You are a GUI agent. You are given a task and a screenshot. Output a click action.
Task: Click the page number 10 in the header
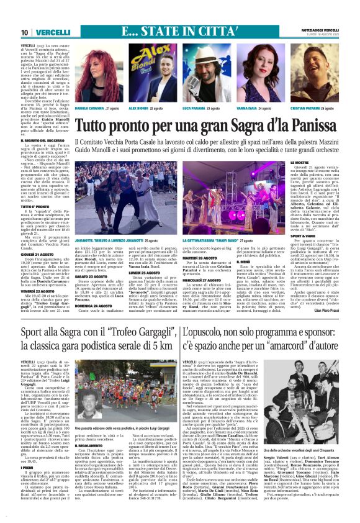[x=24, y=32]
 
